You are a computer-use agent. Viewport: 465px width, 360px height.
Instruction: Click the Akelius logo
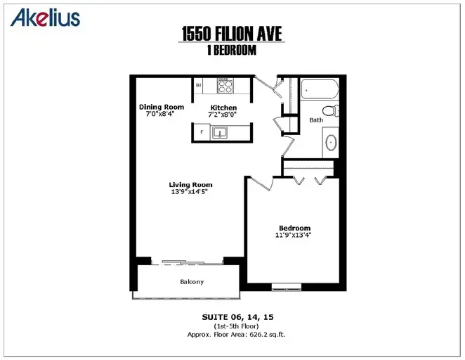click(45, 18)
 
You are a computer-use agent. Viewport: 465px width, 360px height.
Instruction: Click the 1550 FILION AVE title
click(232, 33)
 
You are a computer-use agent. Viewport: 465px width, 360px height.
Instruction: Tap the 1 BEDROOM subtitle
click(232, 50)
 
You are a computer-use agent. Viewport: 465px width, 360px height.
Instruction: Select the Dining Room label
click(162, 107)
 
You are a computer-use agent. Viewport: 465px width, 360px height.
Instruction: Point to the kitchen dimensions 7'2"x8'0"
click(223, 115)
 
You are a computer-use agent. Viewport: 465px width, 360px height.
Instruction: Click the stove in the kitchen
click(225, 86)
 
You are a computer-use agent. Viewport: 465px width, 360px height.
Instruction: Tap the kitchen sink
click(219, 133)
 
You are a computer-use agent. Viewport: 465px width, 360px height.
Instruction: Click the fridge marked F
click(202, 132)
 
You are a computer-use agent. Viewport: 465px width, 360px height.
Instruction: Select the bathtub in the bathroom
click(320, 89)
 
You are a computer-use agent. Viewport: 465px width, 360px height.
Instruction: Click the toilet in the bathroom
click(331, 110)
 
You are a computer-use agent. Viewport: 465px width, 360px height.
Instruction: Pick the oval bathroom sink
click(331, 143)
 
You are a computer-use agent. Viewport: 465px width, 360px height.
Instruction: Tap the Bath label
click(316, 120)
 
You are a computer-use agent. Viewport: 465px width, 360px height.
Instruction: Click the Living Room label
click(190, 185)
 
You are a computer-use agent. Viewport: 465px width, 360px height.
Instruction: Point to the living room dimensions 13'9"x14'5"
click(189, 192)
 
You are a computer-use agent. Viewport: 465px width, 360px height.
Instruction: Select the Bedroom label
click(295, 229)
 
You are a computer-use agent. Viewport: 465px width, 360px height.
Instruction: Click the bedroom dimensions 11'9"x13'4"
click(294, 236)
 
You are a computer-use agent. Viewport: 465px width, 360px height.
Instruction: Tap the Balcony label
click(192, 282)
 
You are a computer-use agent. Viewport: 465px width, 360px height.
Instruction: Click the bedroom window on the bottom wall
click(287, 287)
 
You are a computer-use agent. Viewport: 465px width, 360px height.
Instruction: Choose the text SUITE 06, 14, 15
click(238, 317)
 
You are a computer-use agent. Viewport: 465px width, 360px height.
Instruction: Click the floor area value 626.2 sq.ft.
click(268, 335)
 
